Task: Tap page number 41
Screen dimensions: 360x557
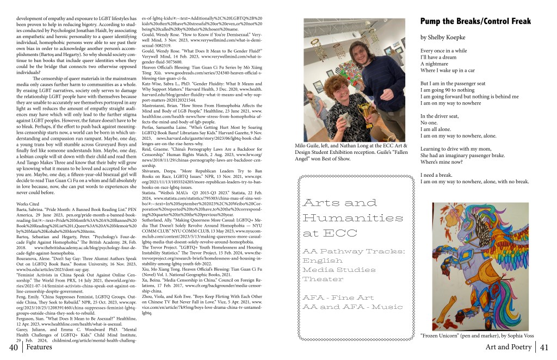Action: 546,347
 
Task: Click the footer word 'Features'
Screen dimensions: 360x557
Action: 39,347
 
